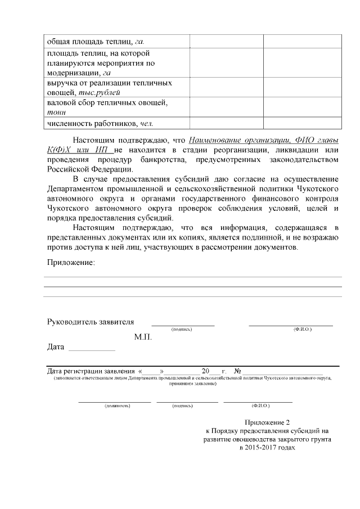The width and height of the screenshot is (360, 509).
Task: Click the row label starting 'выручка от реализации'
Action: coord(109,83)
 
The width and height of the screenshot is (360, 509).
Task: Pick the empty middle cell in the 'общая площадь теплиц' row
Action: coord(227,42)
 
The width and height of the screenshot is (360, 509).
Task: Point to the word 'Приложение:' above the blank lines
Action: coord(71,262)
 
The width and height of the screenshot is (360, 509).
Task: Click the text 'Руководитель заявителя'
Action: coord(90,322)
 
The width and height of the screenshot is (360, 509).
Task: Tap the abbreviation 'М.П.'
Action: coord(143,337)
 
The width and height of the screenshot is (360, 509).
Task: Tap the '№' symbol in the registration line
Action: coord(237,371)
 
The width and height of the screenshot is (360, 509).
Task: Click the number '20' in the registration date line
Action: coord(205,371)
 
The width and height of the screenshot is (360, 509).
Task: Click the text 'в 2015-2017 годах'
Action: coord(267,448)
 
